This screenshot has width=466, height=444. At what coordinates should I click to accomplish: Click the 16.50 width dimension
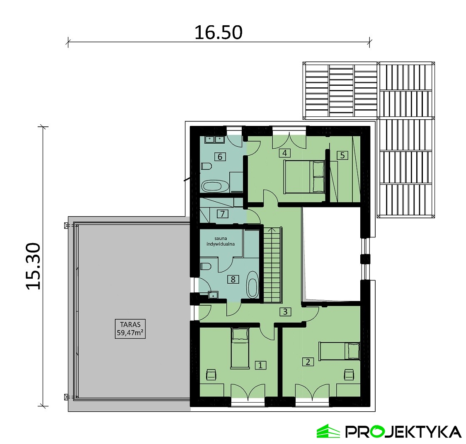tap(218, 32)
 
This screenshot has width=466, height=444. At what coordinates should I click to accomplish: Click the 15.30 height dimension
tap(33, 266)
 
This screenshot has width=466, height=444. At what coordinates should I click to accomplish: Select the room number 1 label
tap(260, 365)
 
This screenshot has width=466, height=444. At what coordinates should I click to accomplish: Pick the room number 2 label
tap(308, 362)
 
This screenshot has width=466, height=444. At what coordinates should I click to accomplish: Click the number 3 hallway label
tap(285, 311)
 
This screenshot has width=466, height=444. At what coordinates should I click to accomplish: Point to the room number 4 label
tap(285, 153)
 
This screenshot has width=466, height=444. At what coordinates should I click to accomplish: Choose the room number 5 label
tap(342, 155)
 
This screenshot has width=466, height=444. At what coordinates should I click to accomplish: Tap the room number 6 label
tap(220, 157)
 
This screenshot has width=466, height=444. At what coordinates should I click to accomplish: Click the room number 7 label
tap(222, 214)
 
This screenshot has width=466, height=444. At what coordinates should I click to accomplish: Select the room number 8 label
tap(233, 279)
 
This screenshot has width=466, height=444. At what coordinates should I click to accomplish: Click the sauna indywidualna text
tap(221, 241)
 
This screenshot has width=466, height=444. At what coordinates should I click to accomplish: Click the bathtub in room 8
tap(252, 284)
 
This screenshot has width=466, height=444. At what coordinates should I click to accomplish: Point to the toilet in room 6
tap(206, 166)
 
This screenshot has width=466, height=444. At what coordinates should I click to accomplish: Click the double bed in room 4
tap(304, 177)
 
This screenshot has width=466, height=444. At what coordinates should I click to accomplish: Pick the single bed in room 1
tap(240, 347)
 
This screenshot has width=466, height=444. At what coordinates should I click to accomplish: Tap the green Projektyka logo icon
tap(328, 431)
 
